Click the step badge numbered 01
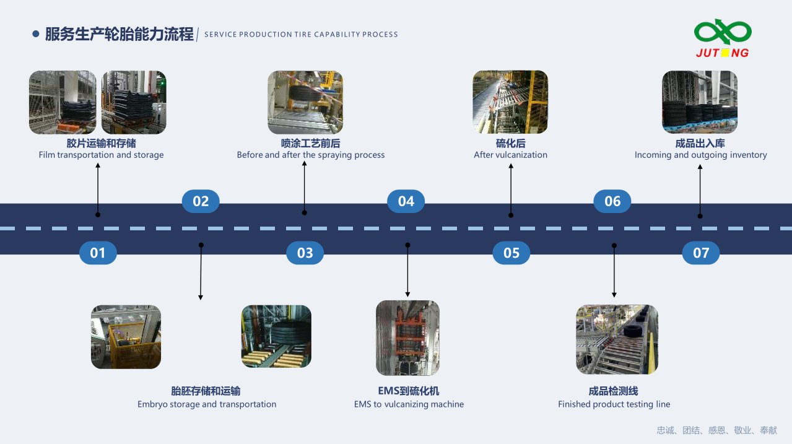click(x=98, y=253)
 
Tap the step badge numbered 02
click(x=201, y=201)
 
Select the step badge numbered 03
click(x=305, y=253)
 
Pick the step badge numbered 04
click(x=406, y=201)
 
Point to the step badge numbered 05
click(x=511, y=253)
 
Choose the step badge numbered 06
click(x=612, y=201)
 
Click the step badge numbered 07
click(x=700, y=253)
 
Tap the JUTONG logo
click(x=723, y=39)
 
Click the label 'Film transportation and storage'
click(x=101, y=155)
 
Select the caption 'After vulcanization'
click(x=510, y=155)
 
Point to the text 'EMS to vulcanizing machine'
click(x=409, y=404)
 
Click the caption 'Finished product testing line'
click(x=614, y=404)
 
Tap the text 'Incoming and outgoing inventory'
click(x=700, y=155)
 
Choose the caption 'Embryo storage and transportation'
click(x=207, y=404)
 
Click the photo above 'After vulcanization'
click(x=510, y=102)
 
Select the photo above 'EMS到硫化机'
click(x=407, y=337)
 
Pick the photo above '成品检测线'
click(x=617, y=339)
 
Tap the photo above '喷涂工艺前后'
click(x=305, y=102)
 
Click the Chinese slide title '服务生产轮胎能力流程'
click(x=120, y=34)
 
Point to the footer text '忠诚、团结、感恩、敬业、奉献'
click(x=716, y=430)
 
